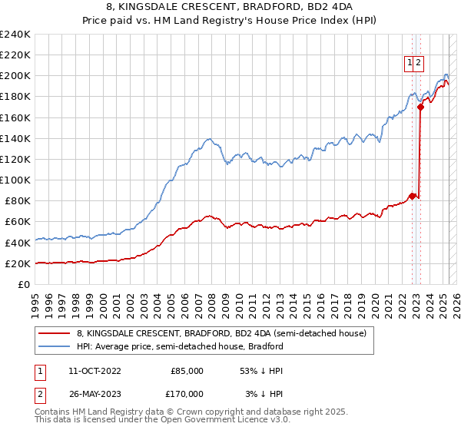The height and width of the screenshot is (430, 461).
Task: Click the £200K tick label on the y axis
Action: (15, 76)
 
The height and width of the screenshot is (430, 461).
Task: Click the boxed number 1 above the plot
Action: (410, 64)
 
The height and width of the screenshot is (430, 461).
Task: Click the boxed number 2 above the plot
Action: (419, 64)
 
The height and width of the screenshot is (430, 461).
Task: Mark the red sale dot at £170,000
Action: (420, 107)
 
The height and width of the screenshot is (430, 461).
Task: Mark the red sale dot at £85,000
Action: (412, 196)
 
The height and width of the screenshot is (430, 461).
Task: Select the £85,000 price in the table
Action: (187, 370)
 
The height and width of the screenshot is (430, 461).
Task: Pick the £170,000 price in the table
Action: (185, 393)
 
